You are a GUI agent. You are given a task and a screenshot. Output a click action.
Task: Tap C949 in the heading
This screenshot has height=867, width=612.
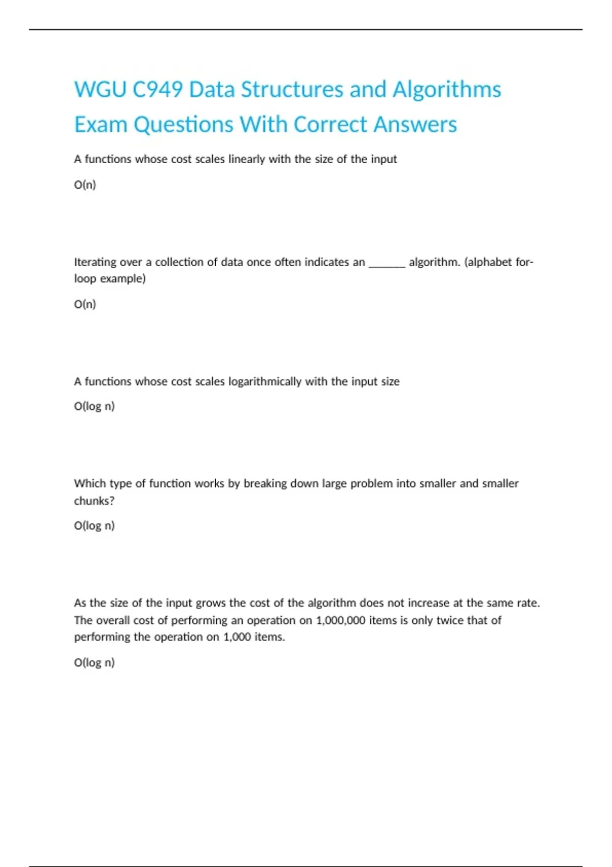pos(158,90)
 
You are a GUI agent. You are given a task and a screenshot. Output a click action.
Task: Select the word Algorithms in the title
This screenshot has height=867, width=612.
pos(447,90)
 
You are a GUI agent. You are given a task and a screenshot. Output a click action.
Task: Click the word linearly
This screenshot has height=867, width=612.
pos(247,159)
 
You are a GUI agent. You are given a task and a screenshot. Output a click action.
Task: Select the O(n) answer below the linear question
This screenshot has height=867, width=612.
pos(85,185)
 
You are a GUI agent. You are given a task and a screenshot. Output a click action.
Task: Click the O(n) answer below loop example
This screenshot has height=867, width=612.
pos(85,304)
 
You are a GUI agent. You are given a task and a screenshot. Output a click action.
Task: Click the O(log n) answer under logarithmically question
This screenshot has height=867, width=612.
pos(94,406)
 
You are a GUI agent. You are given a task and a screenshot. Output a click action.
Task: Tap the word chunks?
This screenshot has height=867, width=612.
pos(94,501)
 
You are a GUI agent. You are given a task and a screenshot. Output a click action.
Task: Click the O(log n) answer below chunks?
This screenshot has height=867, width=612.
pos(94,526)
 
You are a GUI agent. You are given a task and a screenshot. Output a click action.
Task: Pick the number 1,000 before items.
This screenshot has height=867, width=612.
pos(237,637)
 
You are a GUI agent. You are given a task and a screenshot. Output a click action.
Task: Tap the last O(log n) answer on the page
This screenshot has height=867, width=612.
pos(94,662)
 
